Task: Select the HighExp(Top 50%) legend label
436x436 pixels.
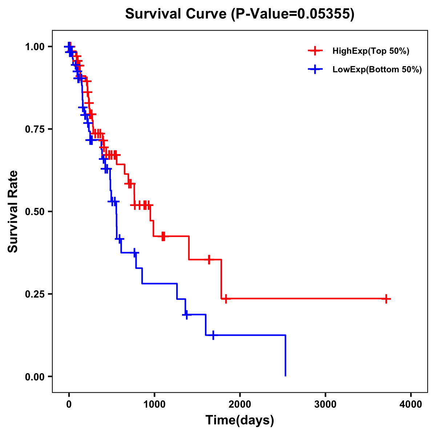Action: [x=371, y=51]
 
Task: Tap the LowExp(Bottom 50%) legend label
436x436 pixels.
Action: [x=377, y=69]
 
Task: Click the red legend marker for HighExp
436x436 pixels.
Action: [x=315, y=51]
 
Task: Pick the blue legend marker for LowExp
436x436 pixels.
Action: [x=315, y=69]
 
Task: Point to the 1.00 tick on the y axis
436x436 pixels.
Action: [x=35, y=47]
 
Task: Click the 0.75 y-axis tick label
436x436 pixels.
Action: [x=35, y=129]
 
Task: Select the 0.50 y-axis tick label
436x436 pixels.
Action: [x=35, y=212]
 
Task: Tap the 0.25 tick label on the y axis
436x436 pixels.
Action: [x=35, y=294]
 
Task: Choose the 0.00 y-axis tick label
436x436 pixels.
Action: [x=35, y=377]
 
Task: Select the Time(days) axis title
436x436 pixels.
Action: [x=240, y=420]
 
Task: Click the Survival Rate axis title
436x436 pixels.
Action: [x=13, y=211]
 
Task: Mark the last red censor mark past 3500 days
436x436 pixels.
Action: [x=387, y=299]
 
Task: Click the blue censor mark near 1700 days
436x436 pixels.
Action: [x=213, y=335]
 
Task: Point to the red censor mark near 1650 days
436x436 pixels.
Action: [x=209, y=259]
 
